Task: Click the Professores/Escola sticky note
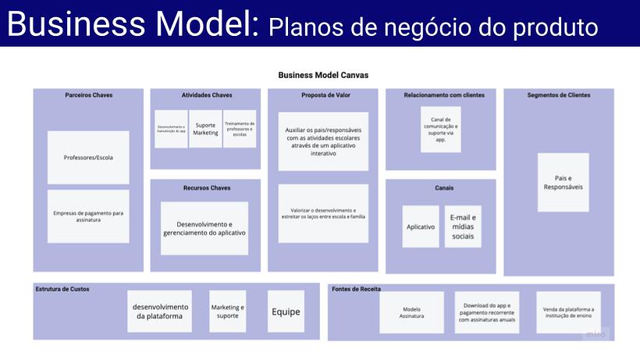tap(88, 158)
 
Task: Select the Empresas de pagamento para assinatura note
tap(88, 216)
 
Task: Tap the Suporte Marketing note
tap(206, 129)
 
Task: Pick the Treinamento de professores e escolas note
tap(240, 129)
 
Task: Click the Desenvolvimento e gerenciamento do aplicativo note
tap(204, 228)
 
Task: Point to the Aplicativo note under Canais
tap(421, 226)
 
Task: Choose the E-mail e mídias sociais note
tap(463, 226)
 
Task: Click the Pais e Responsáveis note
tap(563, 182)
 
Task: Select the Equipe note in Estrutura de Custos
tap(286, 312)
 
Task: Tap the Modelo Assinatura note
tap(412, 312)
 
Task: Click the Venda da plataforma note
tap(568, 312)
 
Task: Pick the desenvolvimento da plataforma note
tap(159, 312)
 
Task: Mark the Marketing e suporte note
tap(228, 312)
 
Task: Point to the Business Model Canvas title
tap(323, 76)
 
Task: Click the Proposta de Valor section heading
tap(323, 95)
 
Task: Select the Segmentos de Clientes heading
tap(559, 95)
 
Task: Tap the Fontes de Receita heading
tap(356, 289)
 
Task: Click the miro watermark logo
tap(596, 334)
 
